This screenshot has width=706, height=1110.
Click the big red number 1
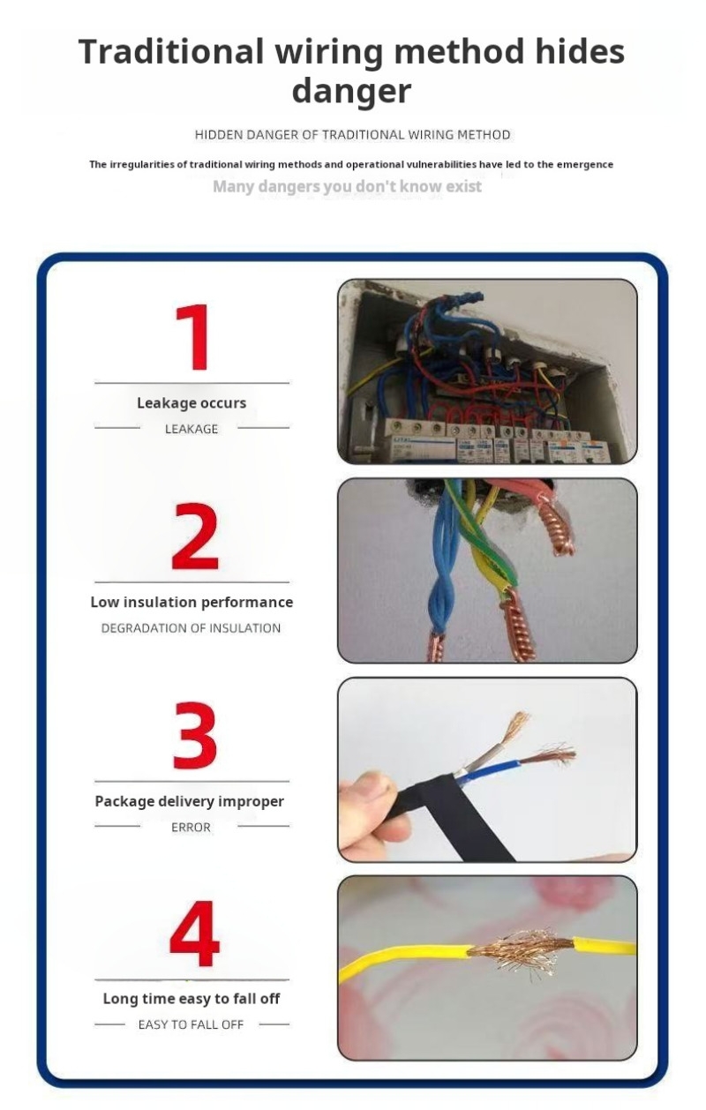point(194,337)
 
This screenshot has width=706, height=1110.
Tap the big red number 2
point(195,536)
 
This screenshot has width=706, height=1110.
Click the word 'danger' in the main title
point(351,91)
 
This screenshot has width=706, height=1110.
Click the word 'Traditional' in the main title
point(171,51)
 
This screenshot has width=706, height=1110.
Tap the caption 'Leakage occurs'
point(192,403)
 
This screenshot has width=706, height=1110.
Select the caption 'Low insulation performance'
point(192,602)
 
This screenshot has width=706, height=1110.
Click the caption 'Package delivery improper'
point(190,801)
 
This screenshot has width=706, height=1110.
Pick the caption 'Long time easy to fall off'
point(192,999)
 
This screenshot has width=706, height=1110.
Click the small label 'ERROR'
point(191,827)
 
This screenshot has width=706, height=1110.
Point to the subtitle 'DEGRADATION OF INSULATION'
point(191,628)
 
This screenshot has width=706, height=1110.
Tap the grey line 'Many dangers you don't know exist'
point(347,186)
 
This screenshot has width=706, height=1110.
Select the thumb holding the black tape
point(367,787)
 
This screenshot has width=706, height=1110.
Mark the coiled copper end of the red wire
point(557,527)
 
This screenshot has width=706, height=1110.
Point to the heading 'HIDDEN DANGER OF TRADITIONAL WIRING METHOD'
point(352,135)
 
